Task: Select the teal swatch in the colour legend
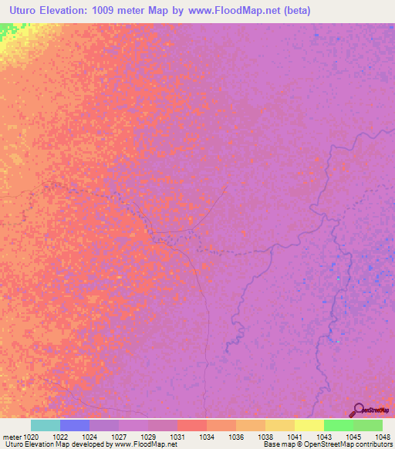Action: coord(46,425)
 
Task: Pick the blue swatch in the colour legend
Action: coord(75,425)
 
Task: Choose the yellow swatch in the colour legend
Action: coord(309,425)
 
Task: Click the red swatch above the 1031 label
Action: coord(192,425)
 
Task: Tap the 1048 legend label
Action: coord(382,437)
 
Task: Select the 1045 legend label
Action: coord(353,437)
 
